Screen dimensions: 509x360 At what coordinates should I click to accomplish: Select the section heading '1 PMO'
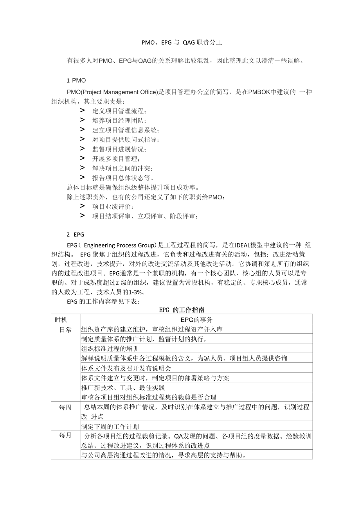click(76, 81)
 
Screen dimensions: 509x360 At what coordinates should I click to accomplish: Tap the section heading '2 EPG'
click(76, 235)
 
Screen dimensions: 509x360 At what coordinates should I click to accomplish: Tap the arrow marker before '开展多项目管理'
click(82, 158)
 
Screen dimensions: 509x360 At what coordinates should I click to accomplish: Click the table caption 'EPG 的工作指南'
click(182, 310)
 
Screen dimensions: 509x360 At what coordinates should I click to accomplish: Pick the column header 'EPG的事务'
click(196, 319)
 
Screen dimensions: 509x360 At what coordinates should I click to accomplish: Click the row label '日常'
click(65, 330)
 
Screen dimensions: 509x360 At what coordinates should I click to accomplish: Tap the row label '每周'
click(65, 407)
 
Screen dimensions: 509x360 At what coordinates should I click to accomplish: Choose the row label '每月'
click(65, 435)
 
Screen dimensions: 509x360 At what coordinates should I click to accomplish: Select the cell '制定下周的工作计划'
click(110, 427)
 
